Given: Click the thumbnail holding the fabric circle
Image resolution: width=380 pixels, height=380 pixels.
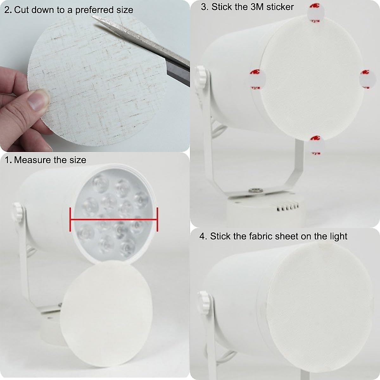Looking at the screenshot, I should click(x=37, y=100).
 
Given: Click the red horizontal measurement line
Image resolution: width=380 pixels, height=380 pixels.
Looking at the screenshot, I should click(x=113, y=219).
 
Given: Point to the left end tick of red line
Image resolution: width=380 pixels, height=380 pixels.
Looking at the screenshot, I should click(x=70, y=219).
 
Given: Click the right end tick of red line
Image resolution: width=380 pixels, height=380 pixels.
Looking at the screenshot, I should click(x=157, y=219).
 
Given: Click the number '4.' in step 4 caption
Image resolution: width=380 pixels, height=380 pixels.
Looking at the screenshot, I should click(x=203, y=236).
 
